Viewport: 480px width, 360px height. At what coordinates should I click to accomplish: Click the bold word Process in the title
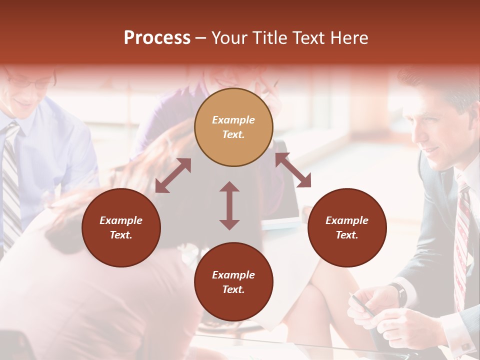click(x=157, y=38)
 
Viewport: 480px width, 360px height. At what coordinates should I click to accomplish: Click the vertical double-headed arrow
click(x=229, y=205)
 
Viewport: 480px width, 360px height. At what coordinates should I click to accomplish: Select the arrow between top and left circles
click(x=173, y=175)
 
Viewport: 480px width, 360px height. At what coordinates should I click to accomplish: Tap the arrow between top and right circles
click(x=293, y=170)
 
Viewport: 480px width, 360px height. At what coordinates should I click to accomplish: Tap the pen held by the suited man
click(x=363, y=305)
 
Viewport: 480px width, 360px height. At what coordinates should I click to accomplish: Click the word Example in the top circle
click(x=233, y=120)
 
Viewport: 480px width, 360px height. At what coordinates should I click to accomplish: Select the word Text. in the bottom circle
click(x=233, y=289)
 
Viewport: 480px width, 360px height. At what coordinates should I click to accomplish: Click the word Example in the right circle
click(x=347, y=220)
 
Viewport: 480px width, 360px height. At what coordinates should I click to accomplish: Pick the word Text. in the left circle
click(x=121, y=235)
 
